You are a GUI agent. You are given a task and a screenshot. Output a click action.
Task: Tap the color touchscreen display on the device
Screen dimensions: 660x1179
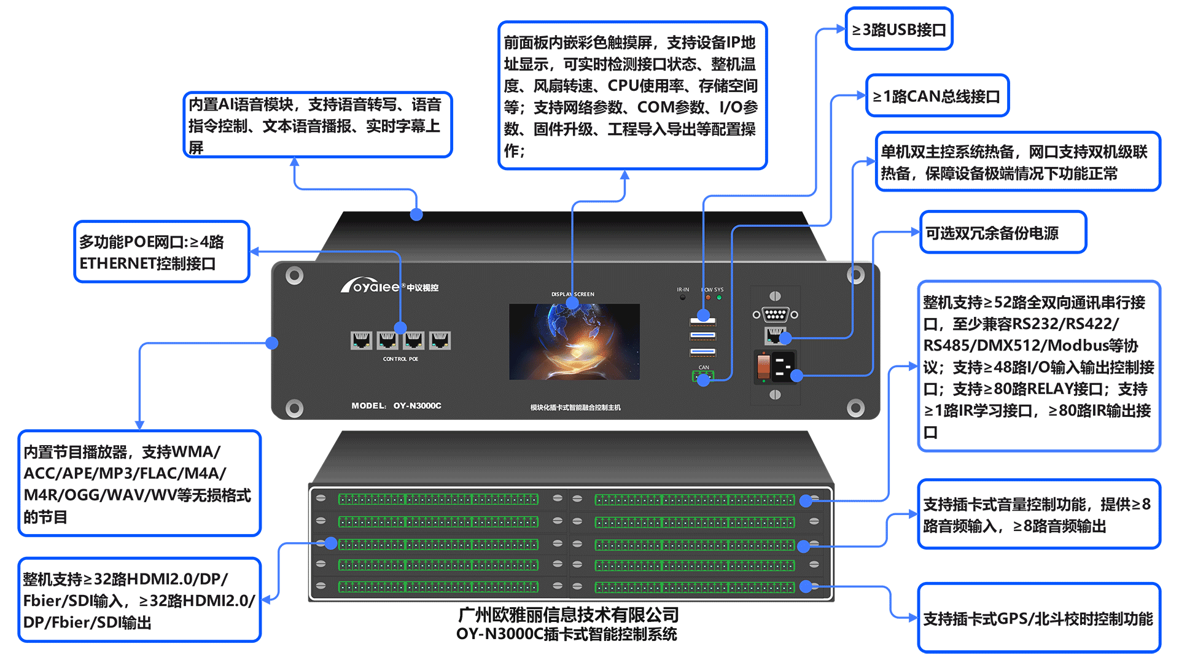click(574, 341)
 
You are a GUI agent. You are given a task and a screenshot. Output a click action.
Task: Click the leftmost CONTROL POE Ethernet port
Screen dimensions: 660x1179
click(361, 340)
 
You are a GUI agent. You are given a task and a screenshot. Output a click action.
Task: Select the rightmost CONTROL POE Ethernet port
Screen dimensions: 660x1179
click(440, 340)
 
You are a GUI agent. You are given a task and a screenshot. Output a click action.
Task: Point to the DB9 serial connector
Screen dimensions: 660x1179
click(775, 314)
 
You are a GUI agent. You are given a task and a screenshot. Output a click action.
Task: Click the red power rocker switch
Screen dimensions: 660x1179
click(763, 367)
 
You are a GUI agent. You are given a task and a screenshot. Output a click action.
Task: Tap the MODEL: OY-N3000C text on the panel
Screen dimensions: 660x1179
click(396, 406)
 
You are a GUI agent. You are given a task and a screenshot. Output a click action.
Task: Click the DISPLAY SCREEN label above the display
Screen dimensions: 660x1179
click(572, 294)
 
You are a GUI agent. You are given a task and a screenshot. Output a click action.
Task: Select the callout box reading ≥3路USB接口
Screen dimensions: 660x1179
click(899, 29)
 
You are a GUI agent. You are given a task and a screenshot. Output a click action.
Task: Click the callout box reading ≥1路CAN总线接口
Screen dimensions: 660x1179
click(937, 96)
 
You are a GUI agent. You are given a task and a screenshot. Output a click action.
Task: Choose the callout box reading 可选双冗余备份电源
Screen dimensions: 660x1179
click(1003, 233)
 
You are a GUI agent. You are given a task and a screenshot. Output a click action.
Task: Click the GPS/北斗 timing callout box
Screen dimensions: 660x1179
click(1038, 618)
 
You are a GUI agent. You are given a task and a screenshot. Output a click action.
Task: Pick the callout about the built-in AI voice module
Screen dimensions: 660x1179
click(317, 125)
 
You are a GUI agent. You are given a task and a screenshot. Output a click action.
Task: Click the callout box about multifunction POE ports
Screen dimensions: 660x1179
click(161, 252)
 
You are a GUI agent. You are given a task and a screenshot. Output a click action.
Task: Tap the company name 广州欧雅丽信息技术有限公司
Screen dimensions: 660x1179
click(568, 615)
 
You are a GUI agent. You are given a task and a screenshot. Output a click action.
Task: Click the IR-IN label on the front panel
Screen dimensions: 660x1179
click(683, 289)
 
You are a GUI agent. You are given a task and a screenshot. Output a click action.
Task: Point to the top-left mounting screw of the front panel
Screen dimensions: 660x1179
click(295, 275)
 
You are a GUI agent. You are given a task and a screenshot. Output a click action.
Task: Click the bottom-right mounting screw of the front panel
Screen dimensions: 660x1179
click(855, 407)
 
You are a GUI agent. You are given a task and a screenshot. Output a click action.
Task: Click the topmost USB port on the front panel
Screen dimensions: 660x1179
click(702, 320)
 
